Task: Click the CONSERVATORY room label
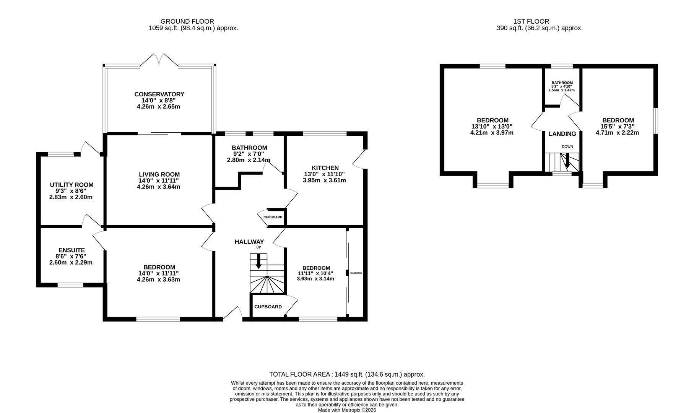(x=159, y=94)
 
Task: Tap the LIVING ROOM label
(x=159, y=174)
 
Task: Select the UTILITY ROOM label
(x=72, y=185)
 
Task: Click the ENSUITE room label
(x=72, y=250)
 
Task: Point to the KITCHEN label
(x=325, y=168)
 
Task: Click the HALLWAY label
(x=249, y=242)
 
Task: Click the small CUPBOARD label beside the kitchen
(x=273, y=217)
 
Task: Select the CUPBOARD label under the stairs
(x=268, y=307)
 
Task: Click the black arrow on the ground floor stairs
(x=258, y=261)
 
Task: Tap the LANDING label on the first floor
(x=562, y=134)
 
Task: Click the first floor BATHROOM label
(x=562, y=83)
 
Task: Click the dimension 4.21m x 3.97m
(x=492, y=133)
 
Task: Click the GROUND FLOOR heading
(x=187, y=21)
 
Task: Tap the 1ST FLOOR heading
(x=531, y=21)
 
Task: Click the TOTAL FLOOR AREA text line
(x=347, y=374)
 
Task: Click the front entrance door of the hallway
(x=232, y=314)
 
